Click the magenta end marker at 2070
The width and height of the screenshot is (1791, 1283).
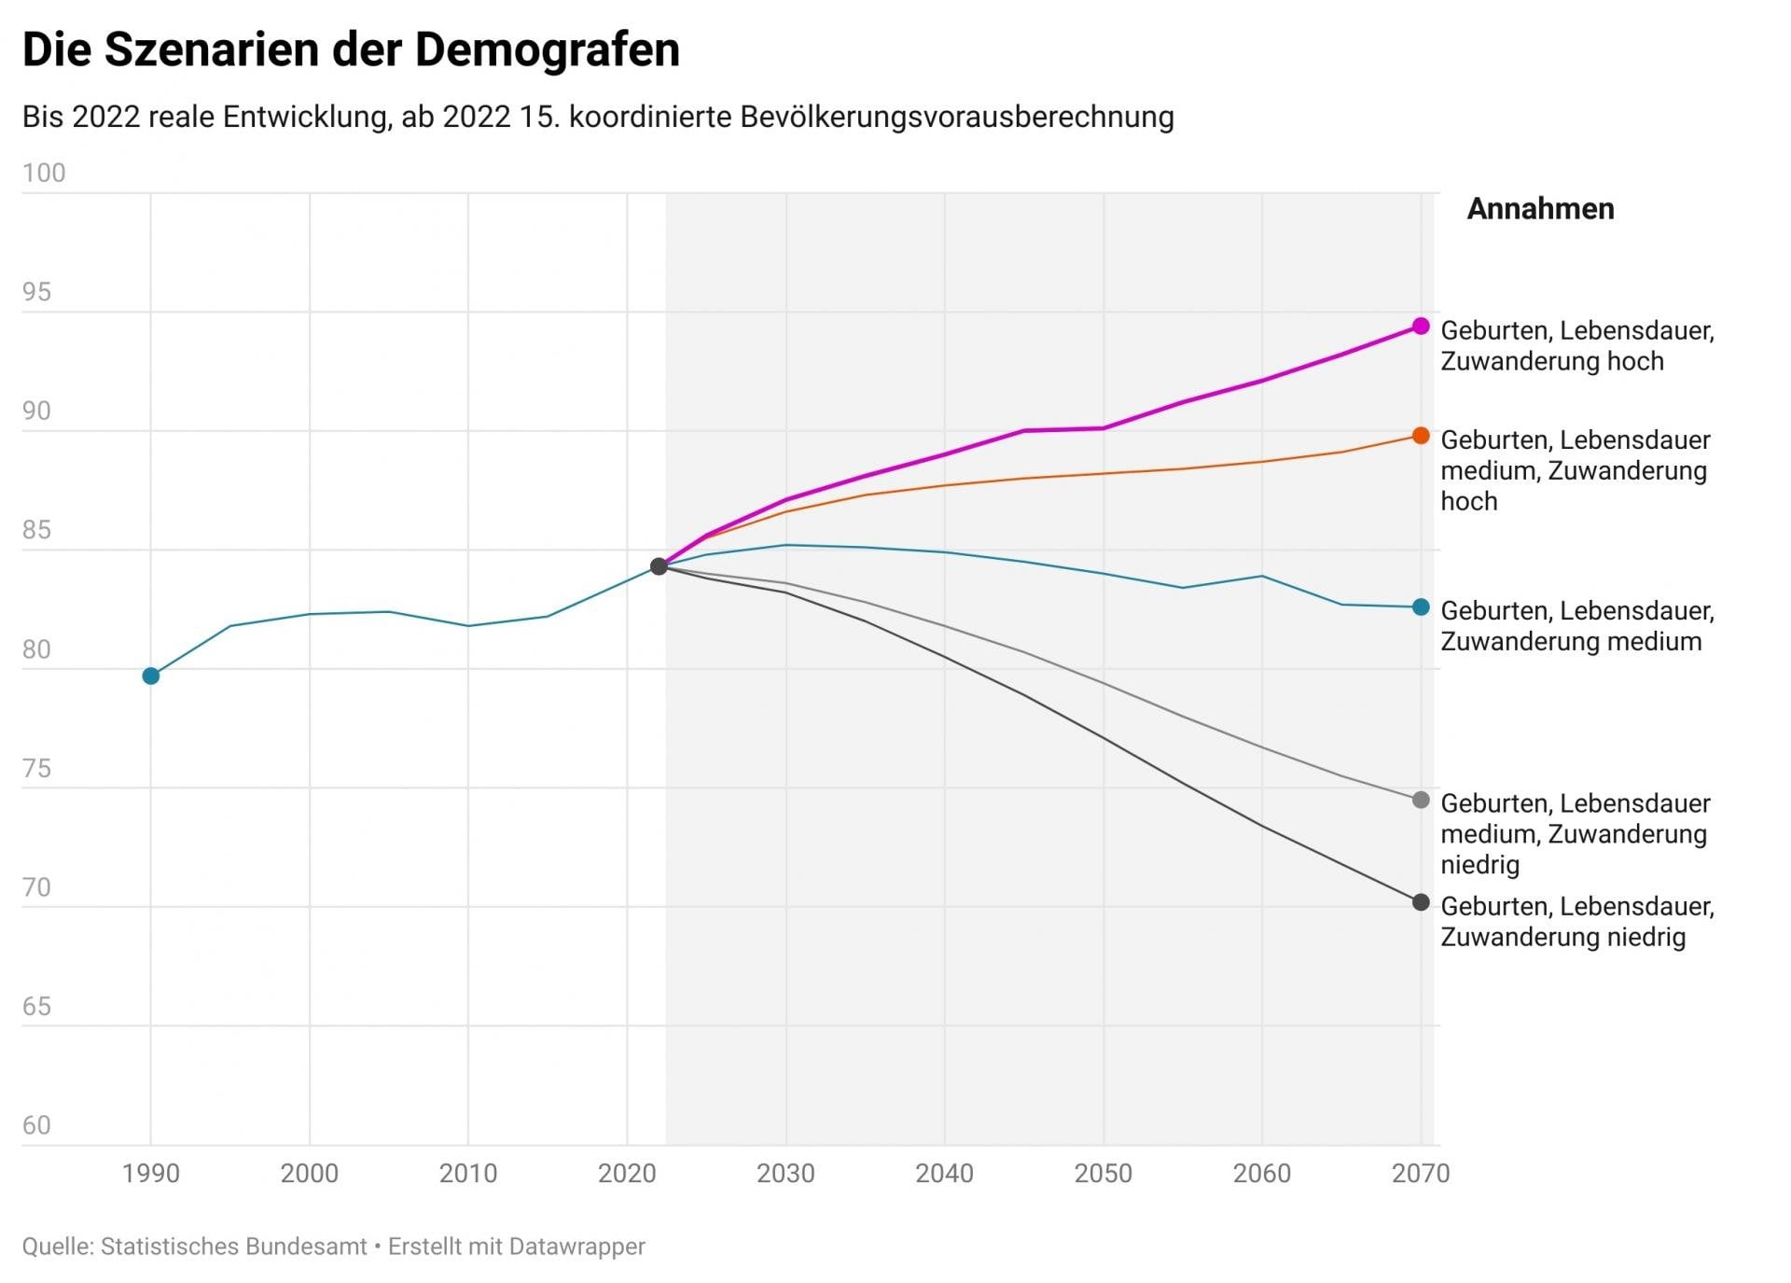[x=1421, y=326]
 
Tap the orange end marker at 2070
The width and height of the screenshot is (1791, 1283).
[x=1421, y=436]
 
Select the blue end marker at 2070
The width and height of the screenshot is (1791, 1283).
[x=1421, y=607]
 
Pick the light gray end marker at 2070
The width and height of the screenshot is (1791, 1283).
[x=1421, y=800]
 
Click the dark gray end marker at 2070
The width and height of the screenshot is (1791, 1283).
[x=1421, y=902]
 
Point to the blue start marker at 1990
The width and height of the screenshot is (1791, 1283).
[x=151, y=676]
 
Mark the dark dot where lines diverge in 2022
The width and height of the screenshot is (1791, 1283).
[x=659, y=566]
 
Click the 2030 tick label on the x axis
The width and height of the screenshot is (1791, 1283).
[x=785, y=1173]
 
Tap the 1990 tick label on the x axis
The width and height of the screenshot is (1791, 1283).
[x=151, y=1173]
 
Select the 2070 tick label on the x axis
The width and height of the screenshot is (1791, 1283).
[x=1420, y=1173]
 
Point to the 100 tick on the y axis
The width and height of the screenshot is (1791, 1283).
[x=44, y=173]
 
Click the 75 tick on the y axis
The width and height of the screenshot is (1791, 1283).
[x=36, y=768]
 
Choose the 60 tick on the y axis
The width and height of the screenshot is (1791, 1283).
[x=36, y=1125]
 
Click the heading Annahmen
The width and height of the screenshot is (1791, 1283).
[x=1540, y=209]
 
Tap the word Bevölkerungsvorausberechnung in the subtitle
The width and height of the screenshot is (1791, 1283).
[x=957, y=117]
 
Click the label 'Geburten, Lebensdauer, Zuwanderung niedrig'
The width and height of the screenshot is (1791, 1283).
[x=1576, y=921]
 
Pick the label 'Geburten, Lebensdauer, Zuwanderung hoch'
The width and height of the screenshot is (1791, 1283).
[x=1576, y=345]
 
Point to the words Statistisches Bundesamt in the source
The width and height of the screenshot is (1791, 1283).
[x=233, y=1247]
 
